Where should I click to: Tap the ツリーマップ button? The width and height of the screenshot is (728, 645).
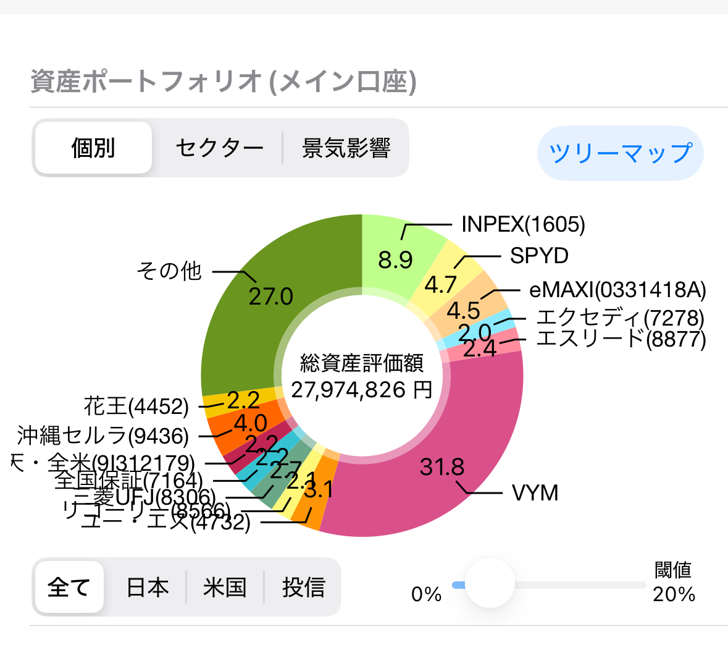tap(620, 153)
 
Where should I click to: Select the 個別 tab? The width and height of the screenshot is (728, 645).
tap(93, 148)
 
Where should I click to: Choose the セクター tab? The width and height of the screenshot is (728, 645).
tap(219, 148)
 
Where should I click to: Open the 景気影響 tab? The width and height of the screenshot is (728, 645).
tap(346, 148)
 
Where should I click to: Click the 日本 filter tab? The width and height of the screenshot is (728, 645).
tap(147, 587)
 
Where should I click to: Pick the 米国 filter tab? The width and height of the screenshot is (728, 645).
tap(225, 587)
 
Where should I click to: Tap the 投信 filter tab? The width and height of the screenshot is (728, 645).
tap(303, 587)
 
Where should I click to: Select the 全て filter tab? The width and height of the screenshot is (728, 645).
tap(69, 587)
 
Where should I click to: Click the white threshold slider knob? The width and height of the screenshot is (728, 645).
tap(490, 583)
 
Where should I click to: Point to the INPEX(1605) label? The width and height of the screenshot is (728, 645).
tap(523, 224)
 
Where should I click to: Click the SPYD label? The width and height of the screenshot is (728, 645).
tap(539, 256)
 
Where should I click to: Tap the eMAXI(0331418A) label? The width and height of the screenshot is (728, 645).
tap(617, 290)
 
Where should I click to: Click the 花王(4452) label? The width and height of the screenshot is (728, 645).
tap(136, 407)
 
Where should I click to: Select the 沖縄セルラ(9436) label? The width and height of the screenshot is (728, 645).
tap(103, 436)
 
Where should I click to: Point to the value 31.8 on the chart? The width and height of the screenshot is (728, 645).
tap(442, 467)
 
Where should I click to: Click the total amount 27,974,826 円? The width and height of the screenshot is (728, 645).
tap(362, 390)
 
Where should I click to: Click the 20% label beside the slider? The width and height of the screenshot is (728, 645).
tap(674, 594)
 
